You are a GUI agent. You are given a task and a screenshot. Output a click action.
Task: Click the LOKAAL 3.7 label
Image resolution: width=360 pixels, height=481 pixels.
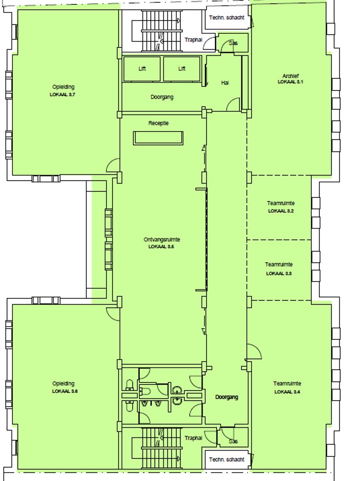tap(62, 95)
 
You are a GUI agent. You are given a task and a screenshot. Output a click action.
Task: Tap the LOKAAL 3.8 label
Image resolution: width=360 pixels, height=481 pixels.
tap(65, 391)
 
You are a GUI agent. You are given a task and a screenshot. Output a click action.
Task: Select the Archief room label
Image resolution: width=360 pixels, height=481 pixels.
tap(290, 76)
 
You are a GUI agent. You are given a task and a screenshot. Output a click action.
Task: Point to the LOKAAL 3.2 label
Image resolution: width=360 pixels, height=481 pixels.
tap(281, 211)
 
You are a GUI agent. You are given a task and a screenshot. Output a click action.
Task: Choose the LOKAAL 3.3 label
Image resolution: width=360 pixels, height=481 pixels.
tap(279, 273)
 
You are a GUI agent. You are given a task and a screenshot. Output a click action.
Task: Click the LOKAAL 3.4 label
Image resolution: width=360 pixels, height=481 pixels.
tap(287, 392)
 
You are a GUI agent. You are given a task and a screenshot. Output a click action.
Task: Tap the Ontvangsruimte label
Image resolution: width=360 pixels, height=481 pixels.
tap(162, 240)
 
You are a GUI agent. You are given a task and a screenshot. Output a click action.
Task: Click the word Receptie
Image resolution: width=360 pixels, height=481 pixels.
tap(159, 123)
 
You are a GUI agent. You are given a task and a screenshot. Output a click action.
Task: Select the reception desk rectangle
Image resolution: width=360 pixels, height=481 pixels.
tap(158, 138)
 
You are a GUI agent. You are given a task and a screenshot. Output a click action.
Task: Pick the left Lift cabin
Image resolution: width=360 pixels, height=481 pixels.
tap(142, 69)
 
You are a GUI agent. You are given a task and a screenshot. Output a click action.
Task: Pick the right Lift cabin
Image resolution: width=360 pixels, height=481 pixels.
tap(182, 69)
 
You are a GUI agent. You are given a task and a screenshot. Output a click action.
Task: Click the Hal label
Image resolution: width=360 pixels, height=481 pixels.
tap(225, 83)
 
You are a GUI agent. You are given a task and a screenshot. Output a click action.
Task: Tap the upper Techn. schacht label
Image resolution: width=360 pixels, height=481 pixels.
tap(227, 18)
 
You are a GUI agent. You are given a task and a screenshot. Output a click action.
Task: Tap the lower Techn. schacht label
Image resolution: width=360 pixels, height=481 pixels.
tap(227, 459)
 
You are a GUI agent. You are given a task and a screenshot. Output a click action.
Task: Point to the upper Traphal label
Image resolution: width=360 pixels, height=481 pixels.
tap(193, 40)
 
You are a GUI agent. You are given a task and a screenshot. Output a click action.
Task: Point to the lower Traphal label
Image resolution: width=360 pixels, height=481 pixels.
tap(193, 438)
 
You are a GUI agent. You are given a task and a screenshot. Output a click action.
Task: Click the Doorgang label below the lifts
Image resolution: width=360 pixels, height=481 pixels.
tap(162, 97)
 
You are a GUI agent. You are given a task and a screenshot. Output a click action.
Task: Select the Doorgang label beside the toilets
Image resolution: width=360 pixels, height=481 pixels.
tap(227, 397)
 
